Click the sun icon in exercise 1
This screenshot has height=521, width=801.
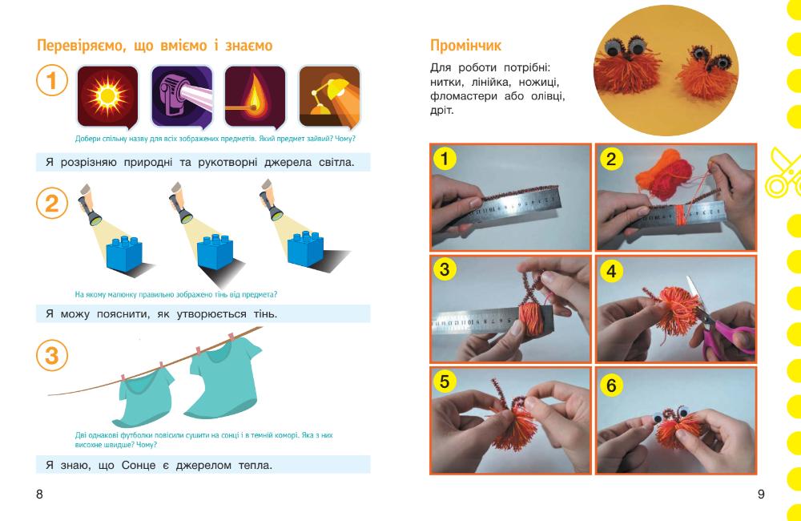tap(107, 96)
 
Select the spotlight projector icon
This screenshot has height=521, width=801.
tap(182, 96)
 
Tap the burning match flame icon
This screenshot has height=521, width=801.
tap(255, 96)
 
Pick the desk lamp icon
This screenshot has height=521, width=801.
tap(329, 96)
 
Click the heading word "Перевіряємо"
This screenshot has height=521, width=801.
tap(81, 46)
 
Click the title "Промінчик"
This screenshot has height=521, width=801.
tap(465, 46)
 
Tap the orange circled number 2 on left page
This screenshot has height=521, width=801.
tap(51, 204)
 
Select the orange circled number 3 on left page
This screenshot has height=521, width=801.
tap(51, 355)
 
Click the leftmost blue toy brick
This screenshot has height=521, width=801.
tap(124, 253)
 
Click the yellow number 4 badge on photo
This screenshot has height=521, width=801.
tap(611, 271)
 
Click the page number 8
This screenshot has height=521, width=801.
tap(40, 494)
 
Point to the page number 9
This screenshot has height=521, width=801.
tap(761, 494)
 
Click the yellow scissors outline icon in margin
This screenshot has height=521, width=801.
tap(783, 174)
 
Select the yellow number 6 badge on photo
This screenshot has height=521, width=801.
tap(611, 385)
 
